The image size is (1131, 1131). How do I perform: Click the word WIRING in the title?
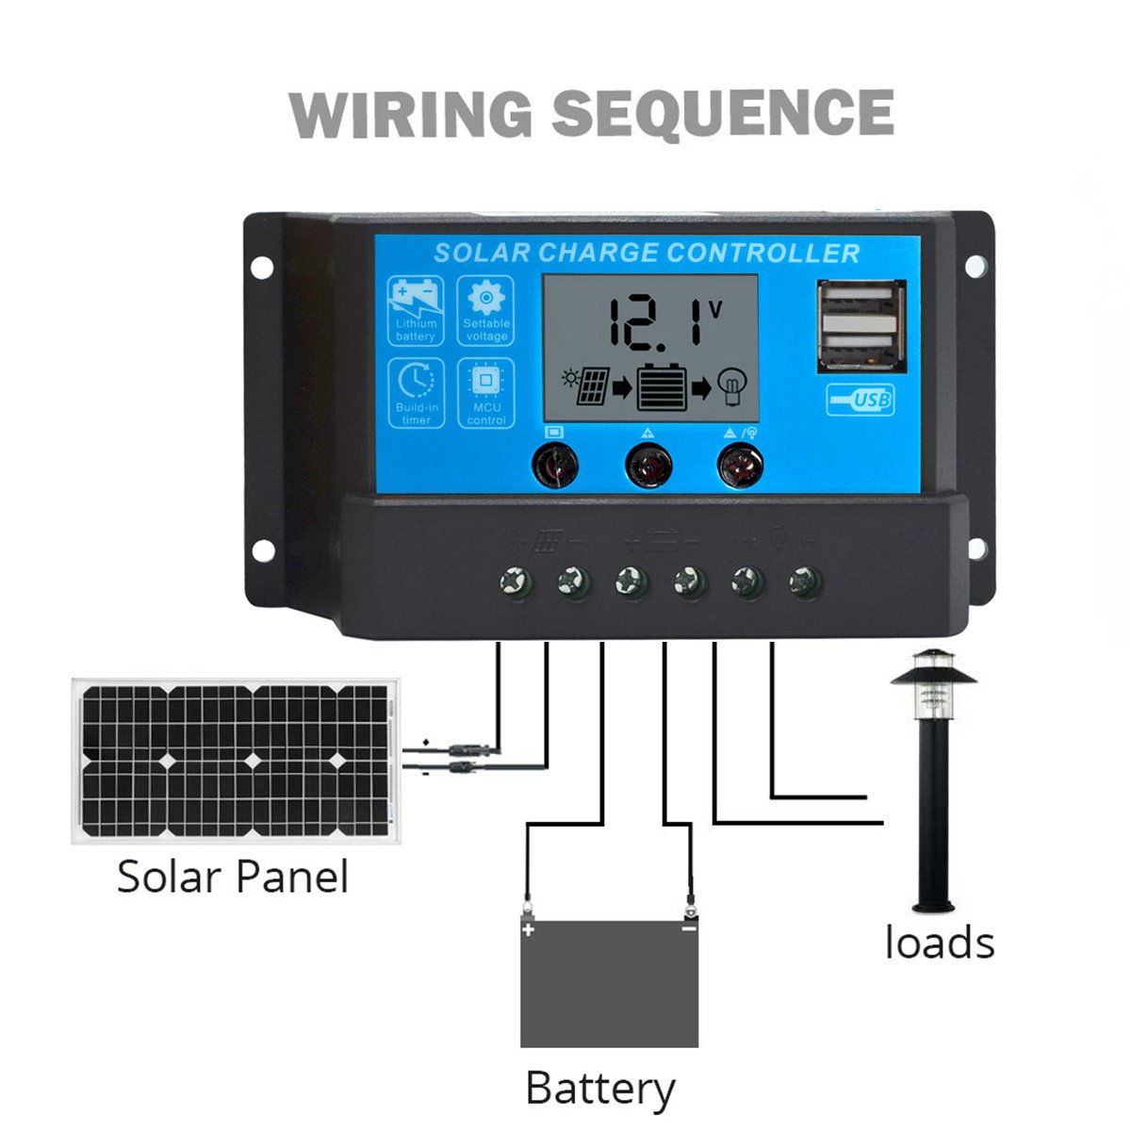tap(410, 114)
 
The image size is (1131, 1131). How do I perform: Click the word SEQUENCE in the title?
tap(723, 114)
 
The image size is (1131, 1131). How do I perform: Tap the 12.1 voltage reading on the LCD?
tap(658, 322)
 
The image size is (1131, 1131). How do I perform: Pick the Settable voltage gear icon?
tap(486, 300)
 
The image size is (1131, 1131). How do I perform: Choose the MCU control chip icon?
tap(486, 382)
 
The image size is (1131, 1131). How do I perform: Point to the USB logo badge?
tap(861, 401)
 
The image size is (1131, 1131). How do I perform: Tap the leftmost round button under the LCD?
tap(555, 465)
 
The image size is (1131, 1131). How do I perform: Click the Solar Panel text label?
tap(233, 877)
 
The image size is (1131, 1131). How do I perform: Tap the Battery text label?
tap(600, 1089)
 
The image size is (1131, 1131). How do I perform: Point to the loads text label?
tap(940, 942)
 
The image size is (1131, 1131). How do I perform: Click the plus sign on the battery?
tap(529, 930)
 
